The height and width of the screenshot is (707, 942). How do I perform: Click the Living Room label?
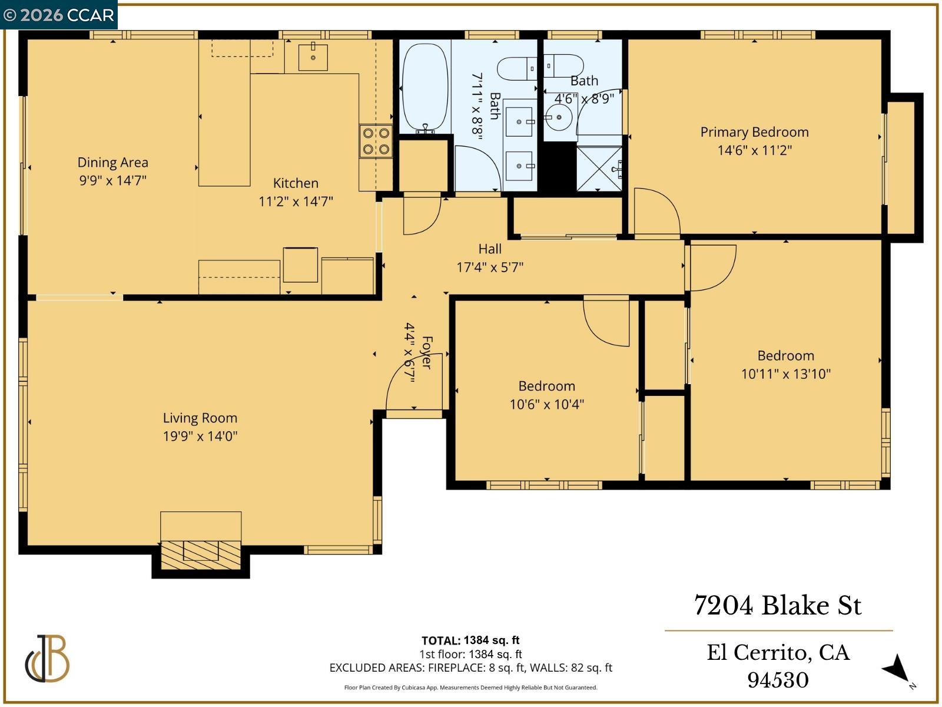200,418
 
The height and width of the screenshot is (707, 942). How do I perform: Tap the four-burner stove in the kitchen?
376,141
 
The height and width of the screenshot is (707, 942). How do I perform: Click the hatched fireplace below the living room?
201,554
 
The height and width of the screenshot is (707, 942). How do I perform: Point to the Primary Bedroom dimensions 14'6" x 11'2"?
754,150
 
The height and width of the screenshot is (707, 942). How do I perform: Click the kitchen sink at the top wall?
313,57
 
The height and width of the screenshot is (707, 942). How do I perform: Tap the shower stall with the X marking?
599,169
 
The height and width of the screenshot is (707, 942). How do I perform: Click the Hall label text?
490,249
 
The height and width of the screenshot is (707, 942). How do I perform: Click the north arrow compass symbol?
897,669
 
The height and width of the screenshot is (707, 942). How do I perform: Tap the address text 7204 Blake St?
778,606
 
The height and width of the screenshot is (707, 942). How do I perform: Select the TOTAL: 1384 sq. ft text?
470,640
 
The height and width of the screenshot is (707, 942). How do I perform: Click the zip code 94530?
778,680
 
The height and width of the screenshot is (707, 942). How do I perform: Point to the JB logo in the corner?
47,659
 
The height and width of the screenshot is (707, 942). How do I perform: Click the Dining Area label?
112,163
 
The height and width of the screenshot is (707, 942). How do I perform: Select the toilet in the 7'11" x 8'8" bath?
517,69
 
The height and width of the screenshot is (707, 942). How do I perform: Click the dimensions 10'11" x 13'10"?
785,374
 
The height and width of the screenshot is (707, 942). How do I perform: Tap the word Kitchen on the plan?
296,183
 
